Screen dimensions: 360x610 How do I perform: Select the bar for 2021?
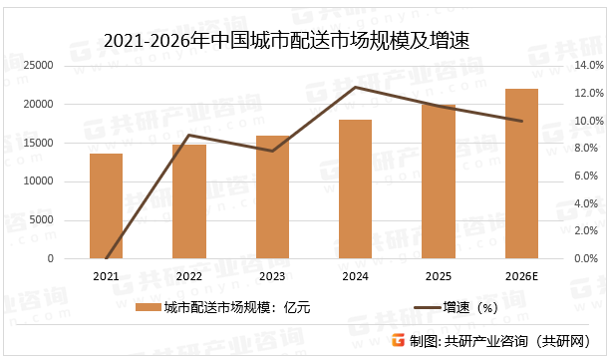click(x=107, y=206)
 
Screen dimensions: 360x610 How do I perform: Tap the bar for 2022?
click(x=189, y=201)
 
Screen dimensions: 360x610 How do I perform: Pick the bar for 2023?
click(x=272, y=197)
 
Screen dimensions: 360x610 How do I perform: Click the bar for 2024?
click(x=356, y=189)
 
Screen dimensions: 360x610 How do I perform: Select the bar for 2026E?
click(x=521, y=174)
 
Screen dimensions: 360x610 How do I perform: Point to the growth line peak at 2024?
click(x=356, y=87)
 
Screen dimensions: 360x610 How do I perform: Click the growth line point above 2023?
click(x=272, y=151)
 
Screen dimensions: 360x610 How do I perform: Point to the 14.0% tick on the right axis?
click(x=584, y=66)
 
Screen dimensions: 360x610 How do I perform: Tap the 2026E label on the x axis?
click(x=521, y=276)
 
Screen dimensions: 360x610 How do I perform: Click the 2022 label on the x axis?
click(x=189, y=276)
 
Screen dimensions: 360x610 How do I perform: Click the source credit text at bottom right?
click(x=499, y=341)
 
